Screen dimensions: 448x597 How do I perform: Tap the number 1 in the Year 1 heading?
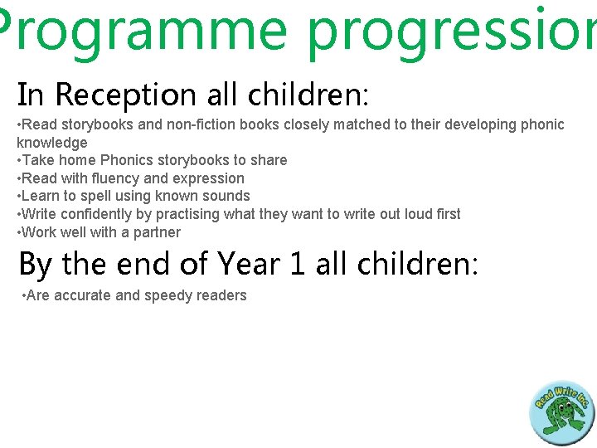(296, 264)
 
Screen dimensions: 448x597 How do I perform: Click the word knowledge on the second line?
(51, 143)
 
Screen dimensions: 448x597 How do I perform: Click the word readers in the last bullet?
(221, 296)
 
